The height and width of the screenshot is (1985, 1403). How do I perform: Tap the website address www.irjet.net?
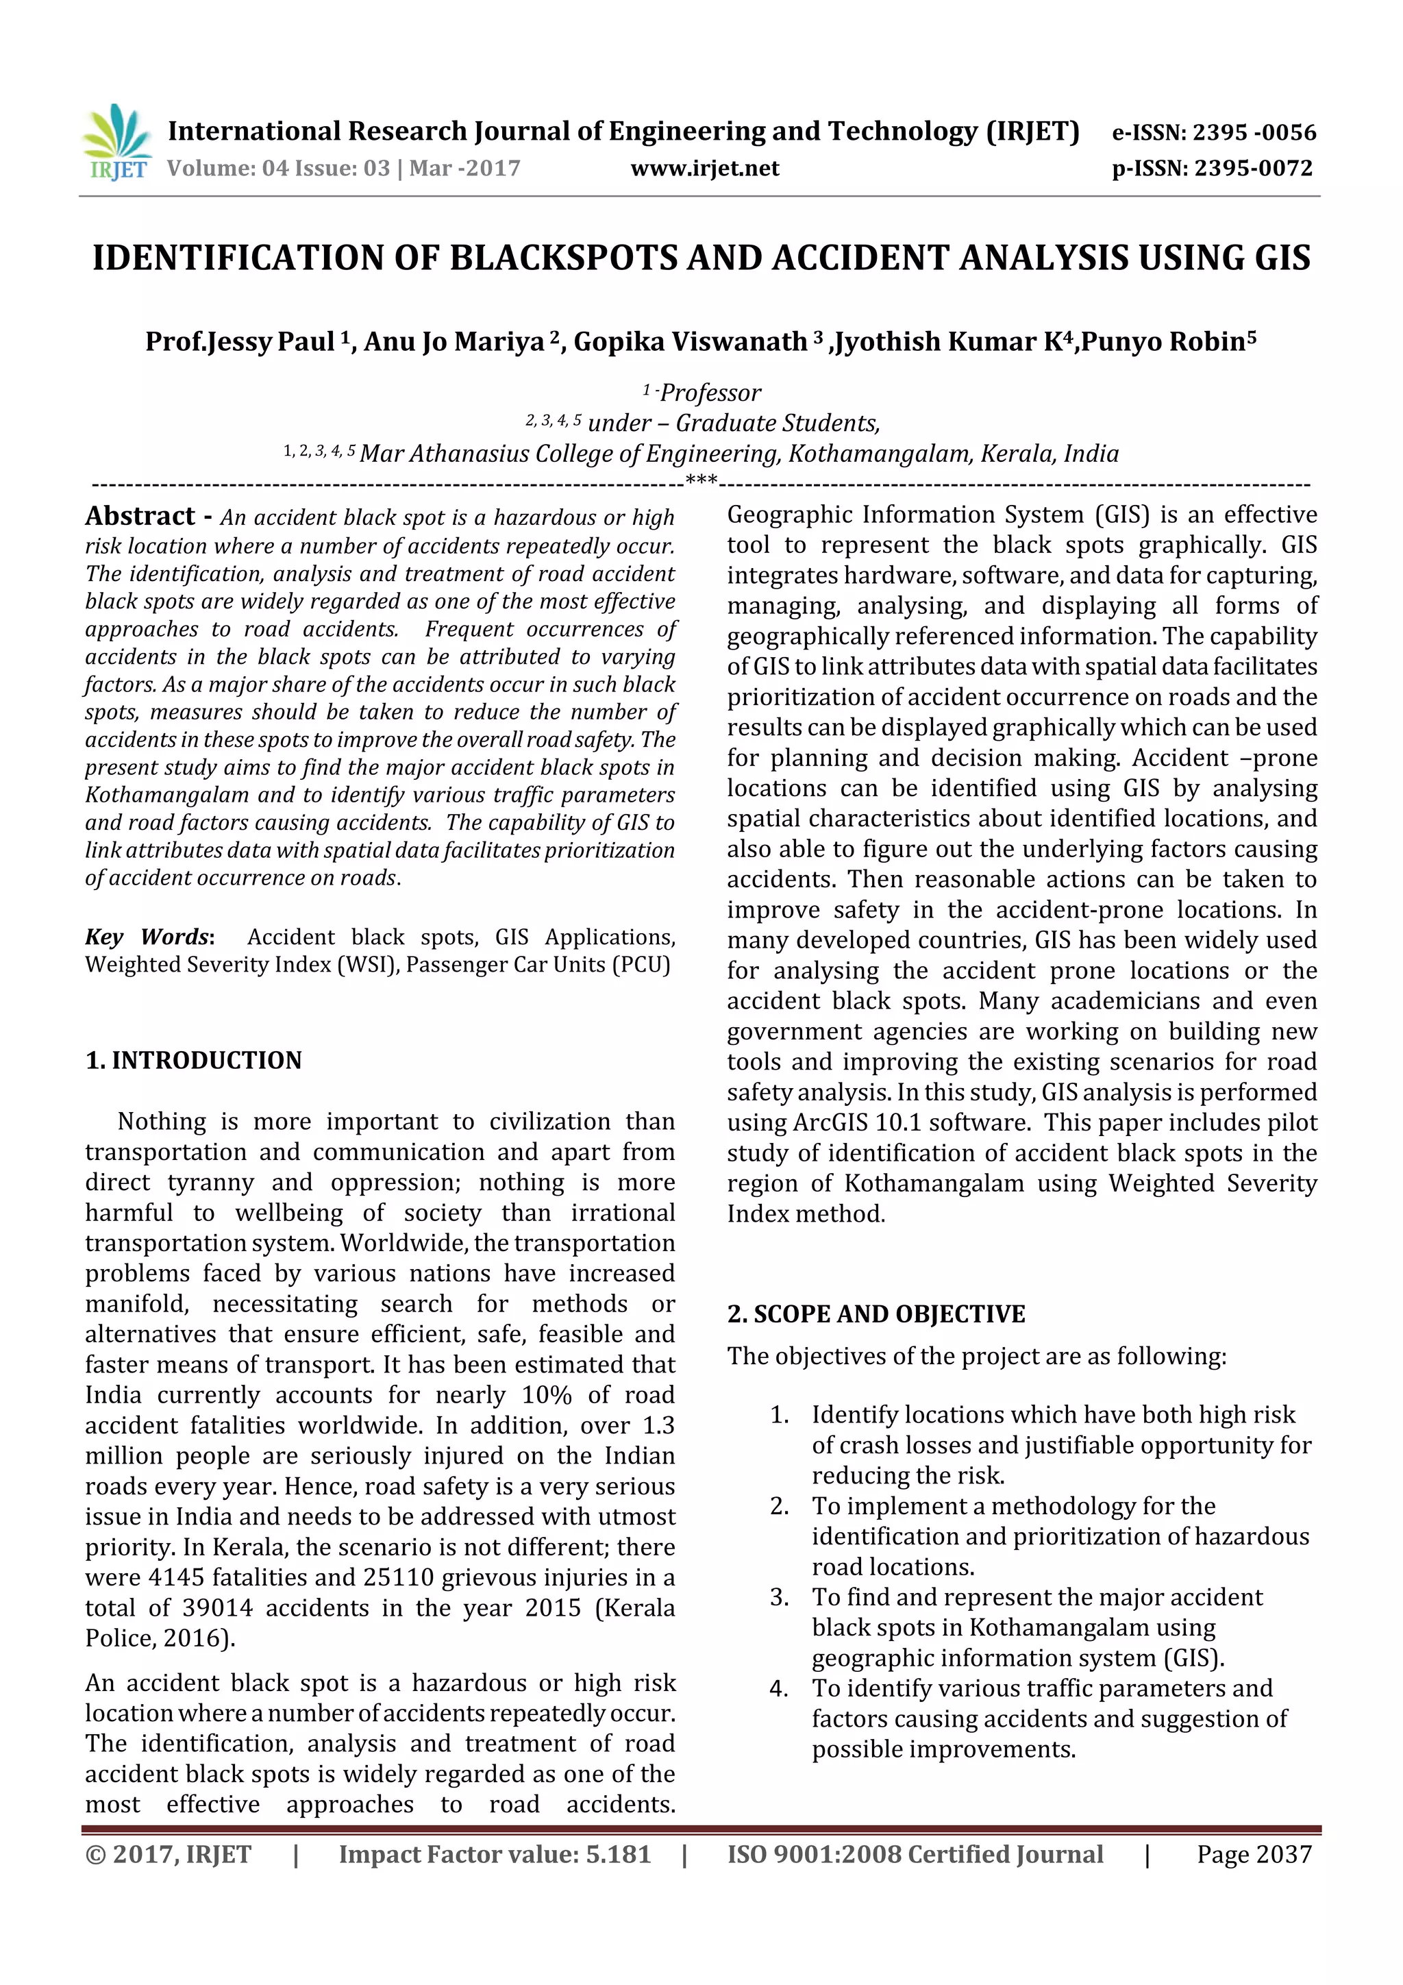[704, 169]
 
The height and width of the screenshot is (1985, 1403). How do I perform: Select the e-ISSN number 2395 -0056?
[1254, 132]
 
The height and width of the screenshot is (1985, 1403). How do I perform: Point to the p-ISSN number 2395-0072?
[1252, 169]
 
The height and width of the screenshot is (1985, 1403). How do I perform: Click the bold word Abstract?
[140, 516]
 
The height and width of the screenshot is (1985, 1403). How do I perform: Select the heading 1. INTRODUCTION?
[194, 1060]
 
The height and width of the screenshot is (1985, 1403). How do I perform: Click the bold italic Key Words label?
[147, 937]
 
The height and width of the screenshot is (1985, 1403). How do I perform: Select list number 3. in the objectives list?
[779, 1598]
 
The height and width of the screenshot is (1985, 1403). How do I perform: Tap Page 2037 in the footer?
[1254, 1854]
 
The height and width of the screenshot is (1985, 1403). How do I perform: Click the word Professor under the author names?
[710, 393]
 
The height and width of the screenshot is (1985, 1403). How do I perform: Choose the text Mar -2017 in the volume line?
[465, 169]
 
